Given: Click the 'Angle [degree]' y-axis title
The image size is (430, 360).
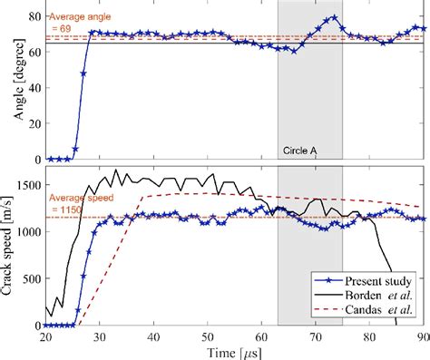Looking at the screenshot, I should (x=10, y=80).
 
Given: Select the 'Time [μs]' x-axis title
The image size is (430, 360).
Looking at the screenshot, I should (x=233, y=350).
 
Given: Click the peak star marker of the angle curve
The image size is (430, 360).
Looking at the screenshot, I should (x=334, y=17).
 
